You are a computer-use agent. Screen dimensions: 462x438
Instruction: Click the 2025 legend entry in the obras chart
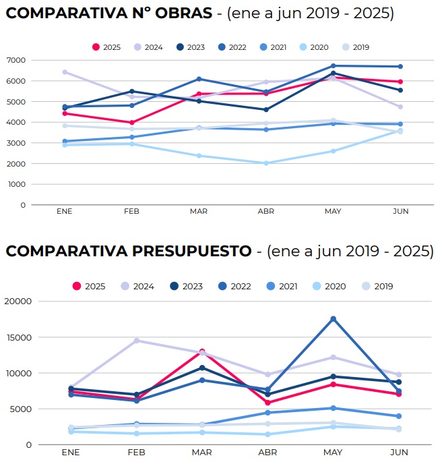[x=106, y=47]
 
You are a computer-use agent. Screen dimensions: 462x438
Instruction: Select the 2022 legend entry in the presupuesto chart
[x=234, y=286]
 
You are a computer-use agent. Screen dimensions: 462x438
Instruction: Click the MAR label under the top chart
[x=199, y=211]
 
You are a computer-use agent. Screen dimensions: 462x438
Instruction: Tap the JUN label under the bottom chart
[x=399, y=452]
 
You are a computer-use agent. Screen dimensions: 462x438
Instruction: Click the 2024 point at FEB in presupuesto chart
[x=137, y=341]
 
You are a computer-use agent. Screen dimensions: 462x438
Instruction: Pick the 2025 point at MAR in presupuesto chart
[x=201, y=351]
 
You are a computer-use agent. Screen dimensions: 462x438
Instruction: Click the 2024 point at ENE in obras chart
[x=65, y=71]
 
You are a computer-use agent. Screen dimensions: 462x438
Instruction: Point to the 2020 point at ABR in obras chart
[x=266, y=163]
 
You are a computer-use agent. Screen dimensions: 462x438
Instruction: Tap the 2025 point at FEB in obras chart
[x=132, y=123]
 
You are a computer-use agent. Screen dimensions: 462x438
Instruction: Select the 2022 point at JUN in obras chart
[x=400, y=66]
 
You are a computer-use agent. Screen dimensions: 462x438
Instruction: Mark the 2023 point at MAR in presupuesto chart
[x=201, y=368]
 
